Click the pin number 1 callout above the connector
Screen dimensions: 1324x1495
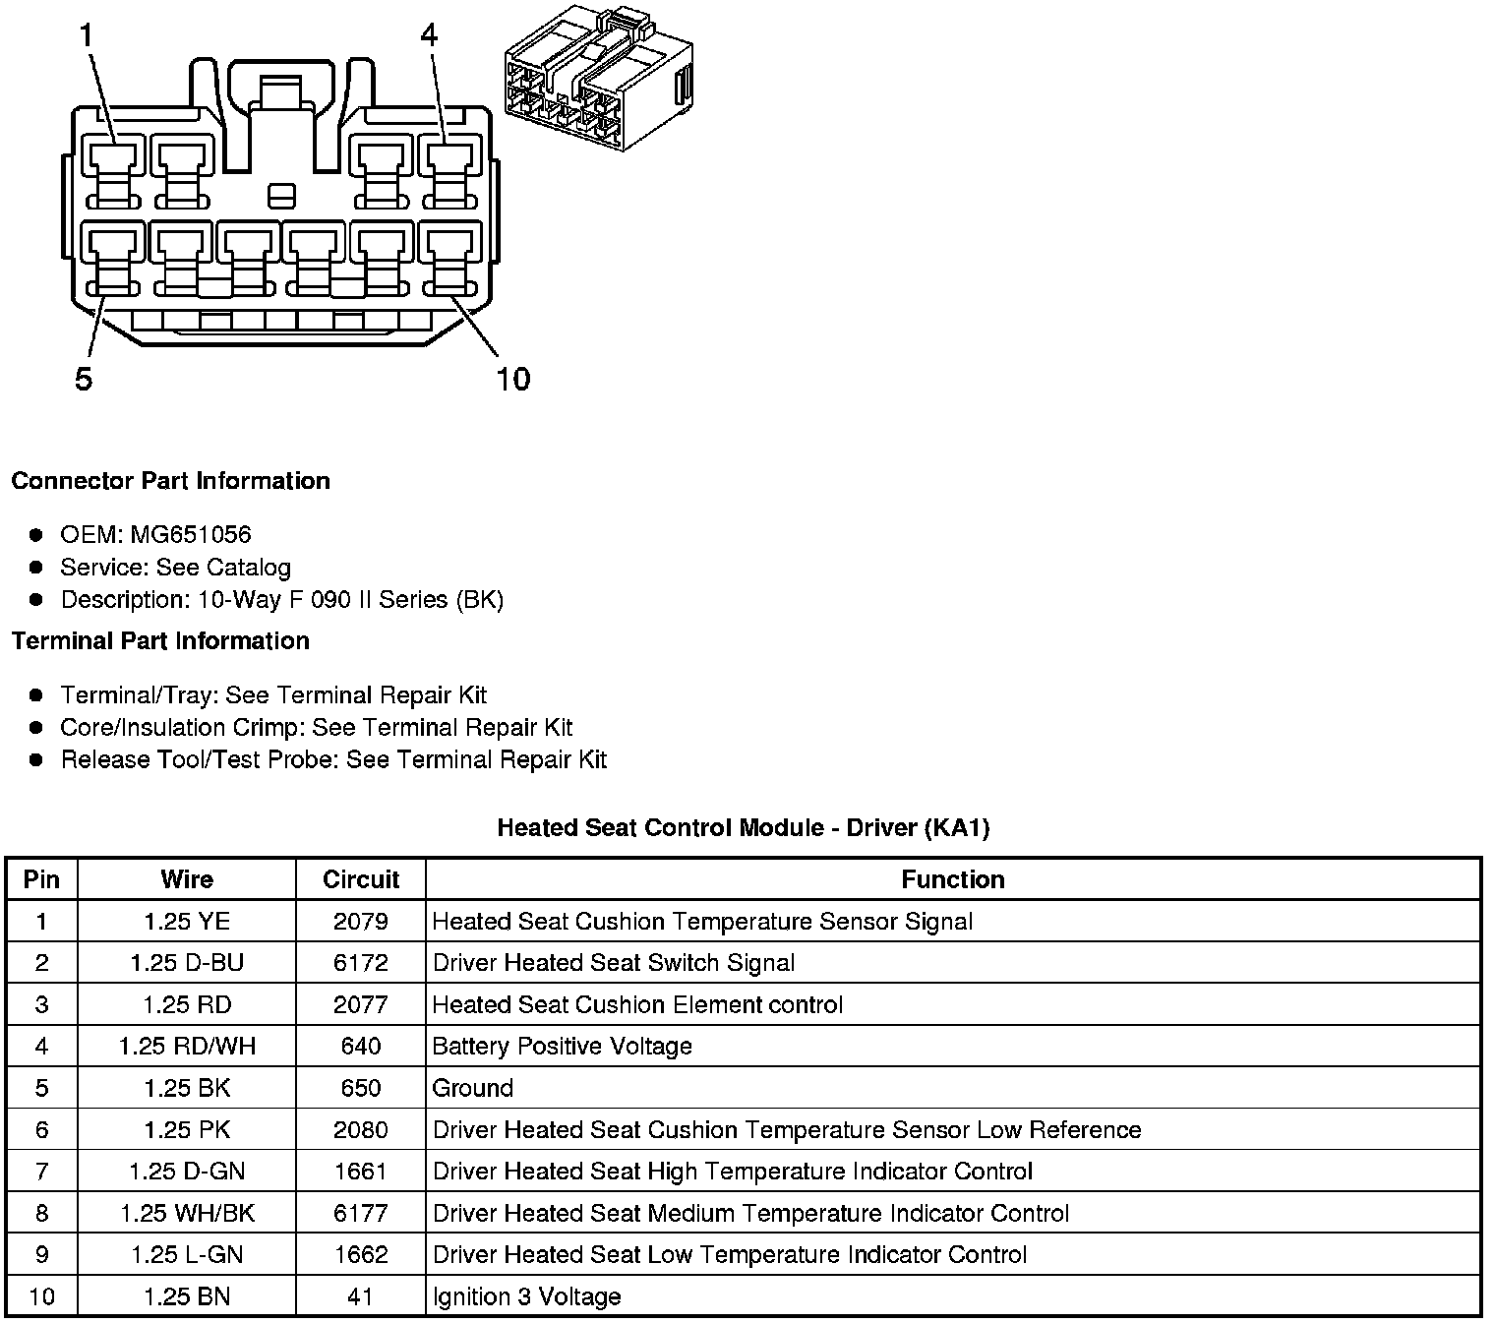point(87,35)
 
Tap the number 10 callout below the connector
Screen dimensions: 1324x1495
point(513,378)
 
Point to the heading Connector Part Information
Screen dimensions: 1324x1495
point(170,481)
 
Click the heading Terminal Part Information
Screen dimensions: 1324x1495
point(160,641)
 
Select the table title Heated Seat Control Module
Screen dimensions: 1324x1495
point(743,827)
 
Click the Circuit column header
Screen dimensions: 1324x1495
point(361,879)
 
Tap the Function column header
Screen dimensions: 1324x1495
point(952,879)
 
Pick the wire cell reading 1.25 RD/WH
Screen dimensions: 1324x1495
point(187,1047)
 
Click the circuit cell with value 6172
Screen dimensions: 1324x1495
point(361,963)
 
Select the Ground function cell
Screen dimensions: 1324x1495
point(473,1088)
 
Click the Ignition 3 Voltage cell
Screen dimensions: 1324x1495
point(526,1296)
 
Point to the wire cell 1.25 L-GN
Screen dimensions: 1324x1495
point(187,1255)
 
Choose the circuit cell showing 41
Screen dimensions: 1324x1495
point(361,1296)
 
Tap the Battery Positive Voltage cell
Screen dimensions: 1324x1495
point(562,1047)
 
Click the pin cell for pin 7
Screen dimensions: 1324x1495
point(41,1172)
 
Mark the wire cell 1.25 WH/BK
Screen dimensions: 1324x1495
point(187,1214)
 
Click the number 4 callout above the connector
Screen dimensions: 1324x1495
point(429,35)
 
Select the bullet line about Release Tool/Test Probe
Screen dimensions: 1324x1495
point(333,760)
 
